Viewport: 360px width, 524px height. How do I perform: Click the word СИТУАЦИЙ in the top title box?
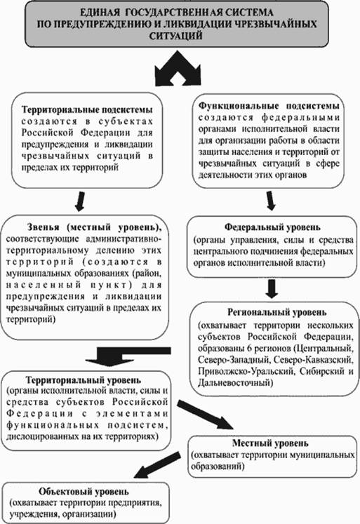pyautogui.click(x=176, y=36)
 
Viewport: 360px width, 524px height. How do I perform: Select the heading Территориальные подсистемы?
pyautogui.click(x=87, y=109)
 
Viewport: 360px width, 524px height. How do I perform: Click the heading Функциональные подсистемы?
pyautogui.click(x=269, y=106)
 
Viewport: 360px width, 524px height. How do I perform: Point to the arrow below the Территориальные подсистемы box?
pyautogui.click(x=80, y=201)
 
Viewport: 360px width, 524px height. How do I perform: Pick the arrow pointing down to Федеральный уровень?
pyautogui.click(x=271, y=201)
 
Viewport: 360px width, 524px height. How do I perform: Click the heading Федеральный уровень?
pyautogui.click(x=272, y=227)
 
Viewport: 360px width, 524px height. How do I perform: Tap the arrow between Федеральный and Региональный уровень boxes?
pyautogui.click(x=272, y=289)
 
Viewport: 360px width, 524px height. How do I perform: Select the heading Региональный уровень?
pyautogui.click(x=277, y=312)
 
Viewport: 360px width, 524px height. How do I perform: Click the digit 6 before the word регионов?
pyautogui.click(x=249, y=349)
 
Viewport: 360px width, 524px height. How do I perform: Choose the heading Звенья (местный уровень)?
pyautogui.click(x=95, y=227)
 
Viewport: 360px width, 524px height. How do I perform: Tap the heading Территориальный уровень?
pyautogui.click(x=84, y=380)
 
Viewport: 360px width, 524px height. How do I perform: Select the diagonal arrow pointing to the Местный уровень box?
pyautogui.click(x=205, y=415)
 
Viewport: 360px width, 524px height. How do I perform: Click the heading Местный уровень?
pyautogui.click(x=270, y=443)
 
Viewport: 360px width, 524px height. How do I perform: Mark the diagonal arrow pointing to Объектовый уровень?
pyautogui.click(x=156, y=465)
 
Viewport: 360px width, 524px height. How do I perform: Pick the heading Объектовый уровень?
pyautogui.click(x=84, y=492)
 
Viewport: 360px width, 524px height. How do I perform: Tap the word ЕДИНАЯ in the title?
pyautogui.click(x=100, y=13)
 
